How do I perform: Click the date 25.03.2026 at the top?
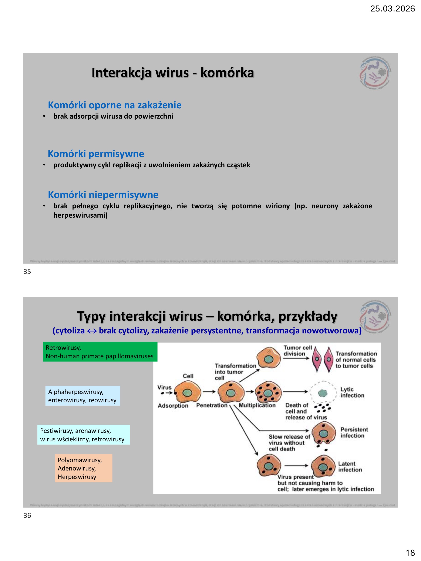pyautogui.click(x=392, y=9)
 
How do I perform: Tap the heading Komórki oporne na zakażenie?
pyautogui.click(x=115, y=105)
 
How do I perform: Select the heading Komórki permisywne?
pyautogui.click(x=96, y=154)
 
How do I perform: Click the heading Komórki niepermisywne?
pyautogui.click(x=103, y=195)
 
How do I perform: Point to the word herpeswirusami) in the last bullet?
pyautogui.click(x=80, y=215)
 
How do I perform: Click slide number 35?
pyautogui.click(x=27, y=272)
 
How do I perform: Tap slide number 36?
pyautogui.click(x=27, y=516)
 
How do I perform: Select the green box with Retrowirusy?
pyautogui.click(x=100, y=352)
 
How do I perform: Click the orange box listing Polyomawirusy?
pyautogui.click(x=84, y=468)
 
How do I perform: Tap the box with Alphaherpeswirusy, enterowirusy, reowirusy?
pyautogui.click(x=82, y=396)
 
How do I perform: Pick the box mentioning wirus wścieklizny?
pyautogui.click(x=84, y=435)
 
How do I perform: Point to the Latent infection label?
pyautogui.click(x=350, y=467)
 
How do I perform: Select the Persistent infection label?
pyautogui.click(x=354, y=432)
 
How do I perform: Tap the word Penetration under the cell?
pyautogui.click(x=212, y=405)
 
